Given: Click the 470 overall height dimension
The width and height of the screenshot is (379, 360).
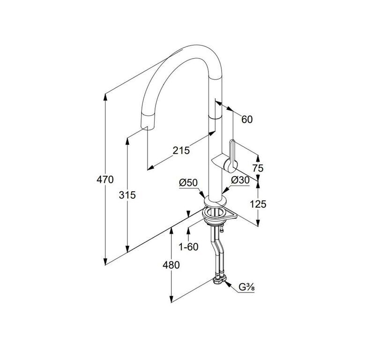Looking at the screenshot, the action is pyautogui.click(x=105, y=180).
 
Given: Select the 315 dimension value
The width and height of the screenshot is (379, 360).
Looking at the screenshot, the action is pyautogui.click(x=127, y=195).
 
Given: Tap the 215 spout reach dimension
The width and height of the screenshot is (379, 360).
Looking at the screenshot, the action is pyautogui.click(x=181, y=150).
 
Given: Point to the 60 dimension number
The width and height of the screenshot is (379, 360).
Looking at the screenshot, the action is pyautogui.click(x=247, y=120).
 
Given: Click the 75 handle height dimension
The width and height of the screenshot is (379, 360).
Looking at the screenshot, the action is pyautogui.click(x=258, y=168).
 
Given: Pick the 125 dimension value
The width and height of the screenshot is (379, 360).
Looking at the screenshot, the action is pyautogui.click(x=258, y=204).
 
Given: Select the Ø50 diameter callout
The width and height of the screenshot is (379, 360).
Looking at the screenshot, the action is pyautogui.click(x=188, y=183).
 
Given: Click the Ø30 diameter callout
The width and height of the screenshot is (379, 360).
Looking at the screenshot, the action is pyautogui.click(x=240, y=180).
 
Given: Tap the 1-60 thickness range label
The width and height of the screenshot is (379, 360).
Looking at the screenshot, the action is pyautogui.click(x=188, y=247).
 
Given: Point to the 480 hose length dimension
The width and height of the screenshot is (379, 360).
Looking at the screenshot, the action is pyautogui.click(x=171, y=265).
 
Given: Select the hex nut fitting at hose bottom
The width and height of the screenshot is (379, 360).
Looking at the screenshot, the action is pyautogui.click(x=219, y=280).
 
